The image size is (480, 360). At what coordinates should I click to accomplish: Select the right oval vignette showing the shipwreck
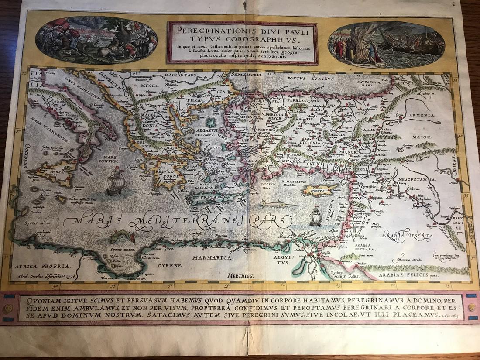(386, 44)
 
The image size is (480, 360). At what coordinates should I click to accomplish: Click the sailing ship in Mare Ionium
(116, 181)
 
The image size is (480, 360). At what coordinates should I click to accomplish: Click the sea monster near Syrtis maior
(120, 236)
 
